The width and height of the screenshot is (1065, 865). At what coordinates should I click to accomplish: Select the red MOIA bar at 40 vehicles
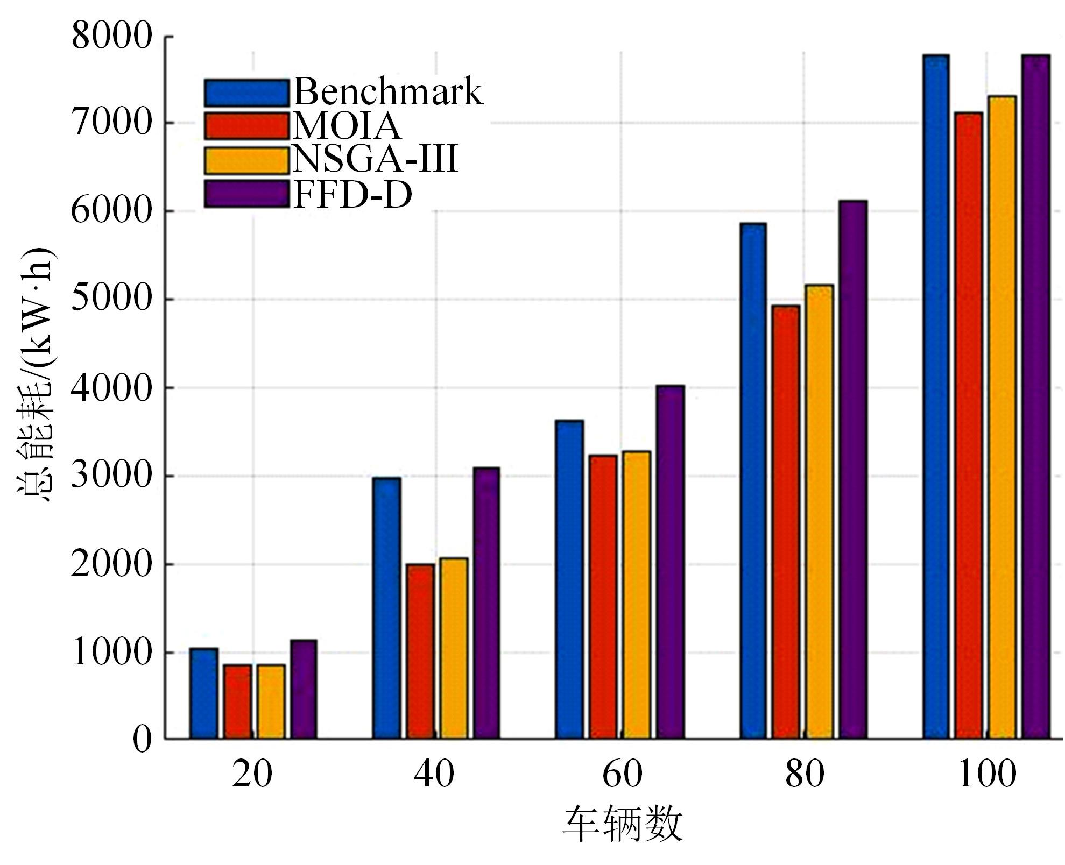click(420, 651)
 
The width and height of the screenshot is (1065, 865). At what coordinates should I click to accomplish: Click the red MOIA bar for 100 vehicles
click(969, 425)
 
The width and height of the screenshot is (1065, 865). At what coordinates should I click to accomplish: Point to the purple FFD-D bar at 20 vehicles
click(304, 689)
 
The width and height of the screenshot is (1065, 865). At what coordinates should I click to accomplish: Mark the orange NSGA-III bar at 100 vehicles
click(1002, 417)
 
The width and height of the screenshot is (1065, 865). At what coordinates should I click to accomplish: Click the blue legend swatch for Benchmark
click(246, 93)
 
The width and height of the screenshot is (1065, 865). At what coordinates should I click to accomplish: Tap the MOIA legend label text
click(347, 126)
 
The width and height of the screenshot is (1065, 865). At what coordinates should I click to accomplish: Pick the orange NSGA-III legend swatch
click(246, 160)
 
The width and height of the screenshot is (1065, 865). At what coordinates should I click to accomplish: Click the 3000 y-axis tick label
click(112, 476)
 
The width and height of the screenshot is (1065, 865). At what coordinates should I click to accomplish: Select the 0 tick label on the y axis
click(143, 739)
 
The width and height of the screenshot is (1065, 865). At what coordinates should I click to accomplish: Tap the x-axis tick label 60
click(622, 775)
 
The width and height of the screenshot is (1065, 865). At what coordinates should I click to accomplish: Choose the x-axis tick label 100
click(987, 775)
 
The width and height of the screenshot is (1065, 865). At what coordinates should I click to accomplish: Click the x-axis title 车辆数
click(622, 824)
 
